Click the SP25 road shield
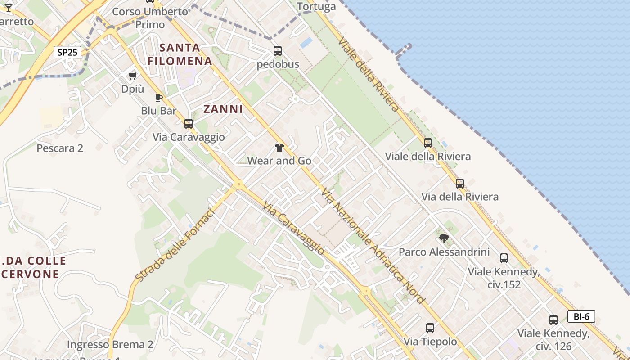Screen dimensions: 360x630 [67, 52]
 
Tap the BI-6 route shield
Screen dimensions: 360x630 [581, 316]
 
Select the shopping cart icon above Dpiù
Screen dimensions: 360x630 [132, 76]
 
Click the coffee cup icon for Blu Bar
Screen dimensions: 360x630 [158, 98]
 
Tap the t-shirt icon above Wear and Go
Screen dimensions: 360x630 [279, 147]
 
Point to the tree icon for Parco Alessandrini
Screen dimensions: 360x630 [444, 238]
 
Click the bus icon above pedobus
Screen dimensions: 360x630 [278, 51]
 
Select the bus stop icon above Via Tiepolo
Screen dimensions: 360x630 [430, 328]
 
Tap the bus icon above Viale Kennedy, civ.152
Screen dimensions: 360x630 [504, 258]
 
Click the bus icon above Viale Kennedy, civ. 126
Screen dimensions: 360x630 [553, 320]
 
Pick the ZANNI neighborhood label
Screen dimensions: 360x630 [223, 109]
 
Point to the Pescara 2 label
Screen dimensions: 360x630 [60, 148]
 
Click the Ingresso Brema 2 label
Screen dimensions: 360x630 [110, 345]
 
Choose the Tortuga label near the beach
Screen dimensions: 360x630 [316, 6]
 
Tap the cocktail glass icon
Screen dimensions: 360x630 [8, 8]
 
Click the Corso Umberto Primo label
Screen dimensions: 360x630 [150, 18]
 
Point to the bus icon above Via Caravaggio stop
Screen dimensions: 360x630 [189, 123]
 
